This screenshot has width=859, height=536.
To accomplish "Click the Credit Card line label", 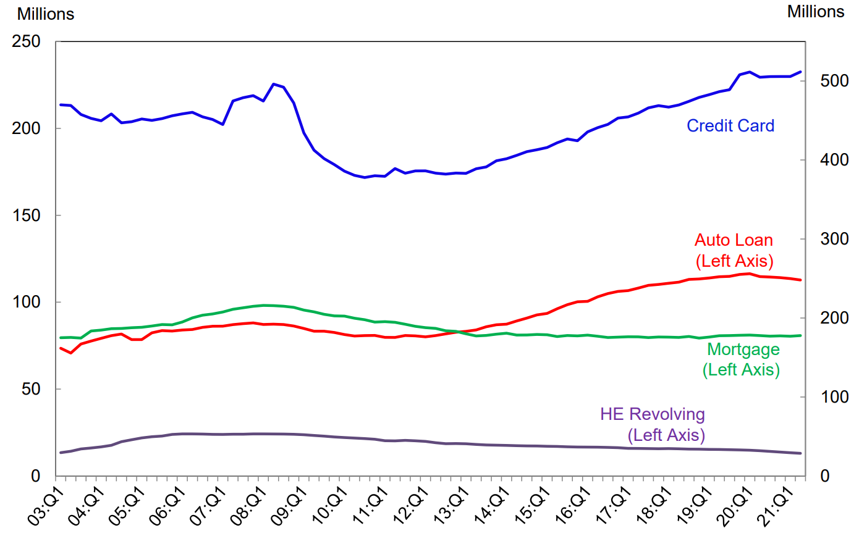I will point(730,126).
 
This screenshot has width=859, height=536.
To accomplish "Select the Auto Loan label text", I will point(734,240).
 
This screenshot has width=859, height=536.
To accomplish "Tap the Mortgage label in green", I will point(743,350).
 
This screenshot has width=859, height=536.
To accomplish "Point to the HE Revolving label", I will point(652,414).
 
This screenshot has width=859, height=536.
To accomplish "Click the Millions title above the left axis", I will point(45,14).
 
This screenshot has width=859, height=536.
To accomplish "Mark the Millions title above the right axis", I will point(815,11).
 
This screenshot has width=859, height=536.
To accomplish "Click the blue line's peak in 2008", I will point(274,84).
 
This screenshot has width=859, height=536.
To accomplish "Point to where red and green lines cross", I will point(456,332).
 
